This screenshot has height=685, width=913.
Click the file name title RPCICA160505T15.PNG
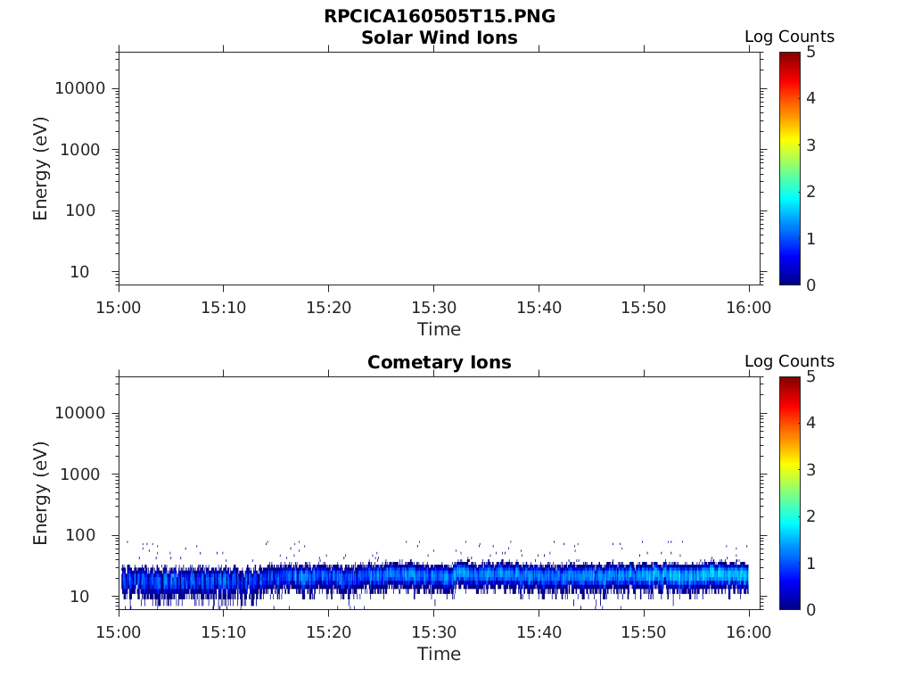(x=439, y=17)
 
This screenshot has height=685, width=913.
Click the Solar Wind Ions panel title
(x=439, y=38)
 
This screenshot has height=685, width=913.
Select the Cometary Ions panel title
(x=439, y=363)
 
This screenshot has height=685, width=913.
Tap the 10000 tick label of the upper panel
(x=79, y=88)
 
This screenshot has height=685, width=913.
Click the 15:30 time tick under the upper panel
(x=433, y=308)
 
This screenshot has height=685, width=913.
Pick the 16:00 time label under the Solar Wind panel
(x=749, y=308)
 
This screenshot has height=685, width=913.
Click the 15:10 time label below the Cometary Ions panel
(x=223, y=632)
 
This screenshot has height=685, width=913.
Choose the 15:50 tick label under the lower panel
(x=644, y=632)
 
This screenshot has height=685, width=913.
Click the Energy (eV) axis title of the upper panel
(x=41, y=169)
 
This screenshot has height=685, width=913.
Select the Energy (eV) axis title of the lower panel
(x=41, y=493)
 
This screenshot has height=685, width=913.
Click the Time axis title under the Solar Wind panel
(x=439, y=329)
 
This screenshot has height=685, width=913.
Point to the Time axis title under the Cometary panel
(x=439, y=654)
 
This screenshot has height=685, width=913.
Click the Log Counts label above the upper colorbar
(x=789, y=37)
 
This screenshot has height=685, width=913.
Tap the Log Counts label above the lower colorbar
(x=789, y=361)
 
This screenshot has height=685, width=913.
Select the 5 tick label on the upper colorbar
(x=810, y=52)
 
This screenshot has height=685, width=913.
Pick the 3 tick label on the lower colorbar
(x=810, y=469)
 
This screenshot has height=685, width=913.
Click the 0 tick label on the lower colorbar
(x=810, y=609)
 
